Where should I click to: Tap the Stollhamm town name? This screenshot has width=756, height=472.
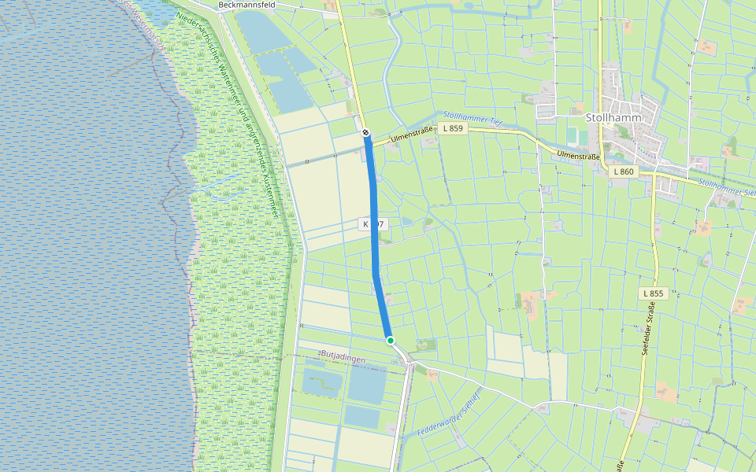(614, 117)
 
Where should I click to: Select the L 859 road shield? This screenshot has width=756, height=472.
(452, 128)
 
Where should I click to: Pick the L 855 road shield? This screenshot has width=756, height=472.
(654, 293)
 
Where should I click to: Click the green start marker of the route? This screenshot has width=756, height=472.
(390, 340)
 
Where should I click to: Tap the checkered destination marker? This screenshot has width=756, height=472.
(366, 133)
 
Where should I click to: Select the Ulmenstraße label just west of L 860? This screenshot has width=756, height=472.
(579, 156)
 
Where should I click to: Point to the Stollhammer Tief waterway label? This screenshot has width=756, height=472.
(472, 118)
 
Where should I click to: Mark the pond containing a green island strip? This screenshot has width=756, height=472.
(322, 382)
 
